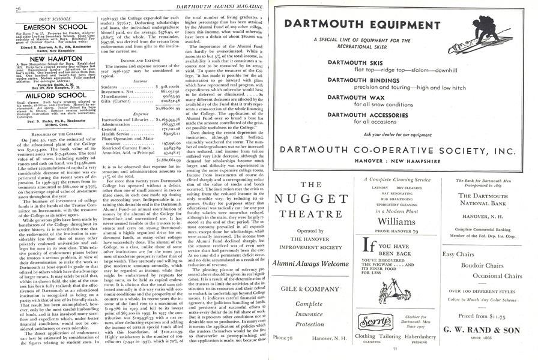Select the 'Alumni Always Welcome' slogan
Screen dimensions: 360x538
[311, 262]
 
